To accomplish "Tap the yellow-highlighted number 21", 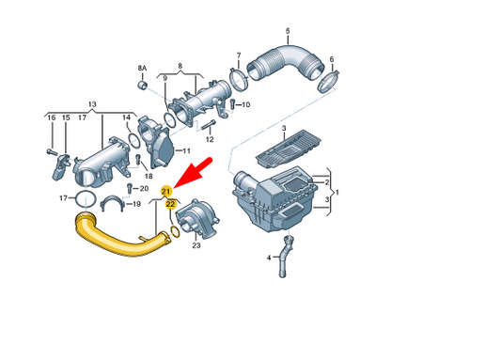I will tap(166, 192).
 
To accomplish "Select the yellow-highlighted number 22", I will tap(171, 202).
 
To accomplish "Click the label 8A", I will tap(143, 70).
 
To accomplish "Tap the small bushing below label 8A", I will tap(144, 86).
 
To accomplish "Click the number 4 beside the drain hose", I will tap(267, 257).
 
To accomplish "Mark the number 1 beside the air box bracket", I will tap(339, 192).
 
